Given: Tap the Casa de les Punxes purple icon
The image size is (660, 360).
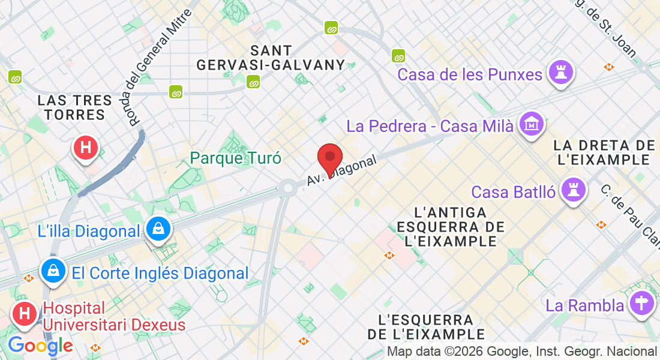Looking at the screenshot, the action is [562, 73].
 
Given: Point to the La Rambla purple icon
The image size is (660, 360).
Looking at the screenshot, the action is [641, 304].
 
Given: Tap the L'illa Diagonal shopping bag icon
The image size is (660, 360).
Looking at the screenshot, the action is [158, 229].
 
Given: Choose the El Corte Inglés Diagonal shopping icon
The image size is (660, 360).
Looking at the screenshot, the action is [54, 272].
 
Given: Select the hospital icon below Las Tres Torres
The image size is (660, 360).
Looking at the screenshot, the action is [86, 148].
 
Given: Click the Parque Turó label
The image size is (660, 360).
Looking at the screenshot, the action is [236, 158].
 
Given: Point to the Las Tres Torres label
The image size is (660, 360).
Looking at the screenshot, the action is [75, 107].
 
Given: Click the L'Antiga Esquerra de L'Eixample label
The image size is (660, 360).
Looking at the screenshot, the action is [451, 227].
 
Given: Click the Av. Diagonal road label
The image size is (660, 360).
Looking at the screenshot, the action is [341, 170].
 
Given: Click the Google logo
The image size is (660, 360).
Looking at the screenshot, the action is [40, 346].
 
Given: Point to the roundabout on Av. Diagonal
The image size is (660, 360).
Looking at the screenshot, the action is [287, 188].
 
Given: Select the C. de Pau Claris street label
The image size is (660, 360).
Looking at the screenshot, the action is [630, 211].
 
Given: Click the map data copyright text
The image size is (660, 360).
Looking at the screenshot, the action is [521, 352].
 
